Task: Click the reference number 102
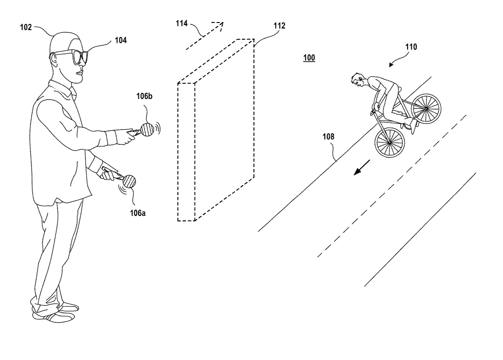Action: (x=26, y=27)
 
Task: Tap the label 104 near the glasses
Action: (x=120, y=40)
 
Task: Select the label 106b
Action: (x=144, y=96)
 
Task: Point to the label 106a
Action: (x=138, y=213)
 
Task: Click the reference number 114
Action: (x=182, y=23)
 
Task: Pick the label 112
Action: (x=279, y=25)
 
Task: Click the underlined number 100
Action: (x=309, y=58)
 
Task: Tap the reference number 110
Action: (x=411, y=47)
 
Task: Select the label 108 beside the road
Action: (x=328, y=137)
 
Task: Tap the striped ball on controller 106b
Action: (x=147, y=129)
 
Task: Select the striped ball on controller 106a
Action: (x=129, y=182)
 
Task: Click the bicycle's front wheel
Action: (x=389, y=142)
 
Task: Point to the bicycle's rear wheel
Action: (x=426, y=108)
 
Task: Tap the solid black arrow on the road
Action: (x=362, y=168)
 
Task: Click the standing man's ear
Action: (x=53, y=59)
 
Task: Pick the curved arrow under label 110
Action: (x=399, y=59)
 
